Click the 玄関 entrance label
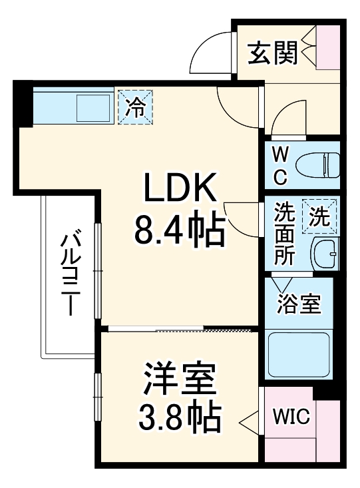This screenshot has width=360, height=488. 273,54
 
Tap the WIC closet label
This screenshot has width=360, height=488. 291,417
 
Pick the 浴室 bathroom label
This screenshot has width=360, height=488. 299,304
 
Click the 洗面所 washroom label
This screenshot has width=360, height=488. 284,234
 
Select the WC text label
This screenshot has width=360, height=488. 279,166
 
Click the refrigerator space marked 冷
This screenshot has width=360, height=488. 136,107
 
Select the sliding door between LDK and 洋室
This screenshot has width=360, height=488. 180,329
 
